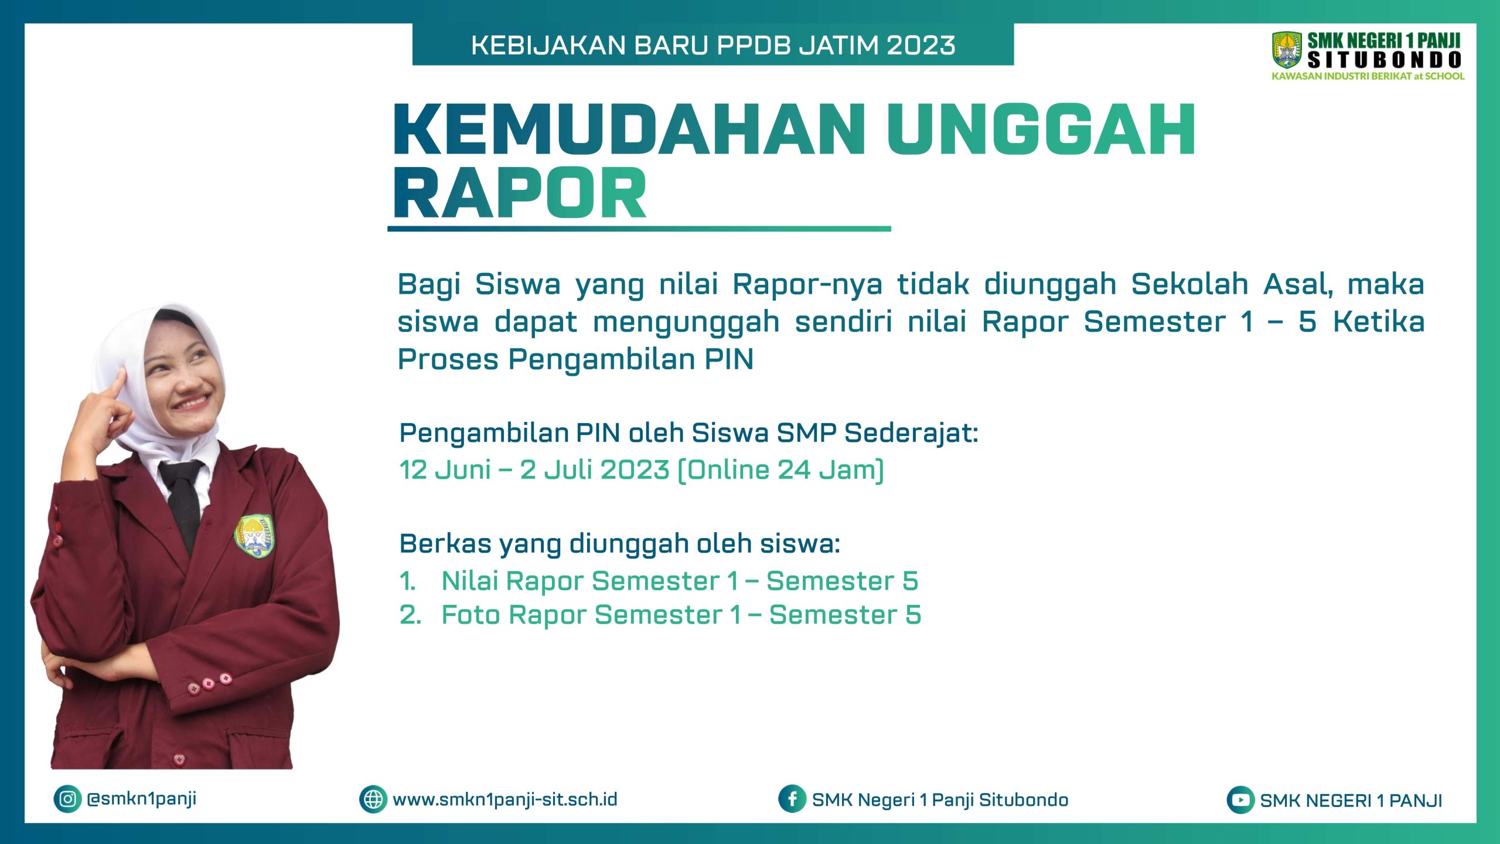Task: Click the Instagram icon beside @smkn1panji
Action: coord(67,799)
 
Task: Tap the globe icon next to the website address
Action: coord(373,799)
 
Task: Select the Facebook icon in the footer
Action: coord(792,799)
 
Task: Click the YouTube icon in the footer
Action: coord(1240,800)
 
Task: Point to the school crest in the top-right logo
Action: coord(1287,50)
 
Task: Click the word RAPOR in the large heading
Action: coord(520,193)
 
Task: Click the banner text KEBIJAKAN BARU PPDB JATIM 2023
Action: coord(713,45)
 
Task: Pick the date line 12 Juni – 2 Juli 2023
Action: coord(641,470)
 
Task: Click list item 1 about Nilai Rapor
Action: coord(659,581)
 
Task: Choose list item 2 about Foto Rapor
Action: coord(660,615)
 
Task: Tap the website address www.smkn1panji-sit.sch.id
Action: coord(505,799)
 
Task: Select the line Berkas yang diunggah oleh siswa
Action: coord(620,544)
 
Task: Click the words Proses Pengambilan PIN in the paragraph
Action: coord(575,359)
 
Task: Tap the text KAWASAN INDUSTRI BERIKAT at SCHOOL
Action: coord(1368,76)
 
